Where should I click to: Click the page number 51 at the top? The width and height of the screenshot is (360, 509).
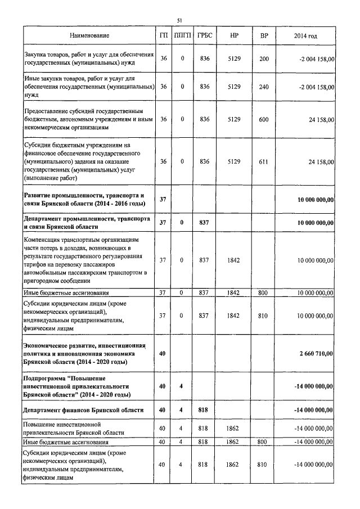(x=179, y=20)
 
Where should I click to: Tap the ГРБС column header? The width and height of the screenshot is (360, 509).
(x=204, y=35)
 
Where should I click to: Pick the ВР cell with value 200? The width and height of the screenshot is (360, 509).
(x=264, y=59)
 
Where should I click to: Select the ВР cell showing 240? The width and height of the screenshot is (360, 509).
(x=264, y=87)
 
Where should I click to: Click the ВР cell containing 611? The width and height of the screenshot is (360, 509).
(x=264, y=161)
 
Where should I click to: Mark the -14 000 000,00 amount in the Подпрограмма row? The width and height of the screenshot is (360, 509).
(x=314, y=386)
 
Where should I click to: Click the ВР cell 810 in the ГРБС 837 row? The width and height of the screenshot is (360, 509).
(x=264, y=316)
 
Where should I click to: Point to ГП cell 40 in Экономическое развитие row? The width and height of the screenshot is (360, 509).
(x=163, y=353)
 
